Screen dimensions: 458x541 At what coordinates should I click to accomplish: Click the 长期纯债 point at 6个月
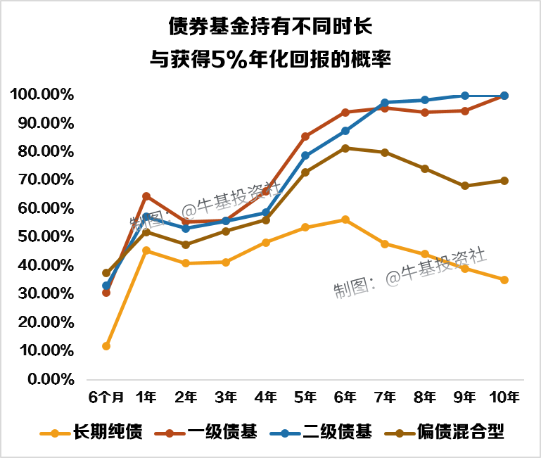click(x=106, y=346)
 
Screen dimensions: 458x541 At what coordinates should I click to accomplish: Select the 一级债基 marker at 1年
click(x=146, y=196)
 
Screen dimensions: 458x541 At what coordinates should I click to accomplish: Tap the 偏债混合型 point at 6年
click(x=345, y=148)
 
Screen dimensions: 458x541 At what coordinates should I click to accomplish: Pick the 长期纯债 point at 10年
click(x=504, y=280)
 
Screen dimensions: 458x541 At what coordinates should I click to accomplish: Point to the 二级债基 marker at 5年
click(x=305, y=155)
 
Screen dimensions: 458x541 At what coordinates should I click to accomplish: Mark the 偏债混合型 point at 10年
click(x=504, y=181)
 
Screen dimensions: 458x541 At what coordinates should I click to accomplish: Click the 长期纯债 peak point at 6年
click(x=345, y=220)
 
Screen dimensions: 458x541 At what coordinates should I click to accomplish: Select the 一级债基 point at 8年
click(x=425, y=113)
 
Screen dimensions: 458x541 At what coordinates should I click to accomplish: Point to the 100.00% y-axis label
click(x=42, y=94)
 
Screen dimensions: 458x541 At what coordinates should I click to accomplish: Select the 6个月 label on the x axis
click(x=106, y=397)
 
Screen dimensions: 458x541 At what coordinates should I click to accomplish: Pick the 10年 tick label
click(x=504, y=397)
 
